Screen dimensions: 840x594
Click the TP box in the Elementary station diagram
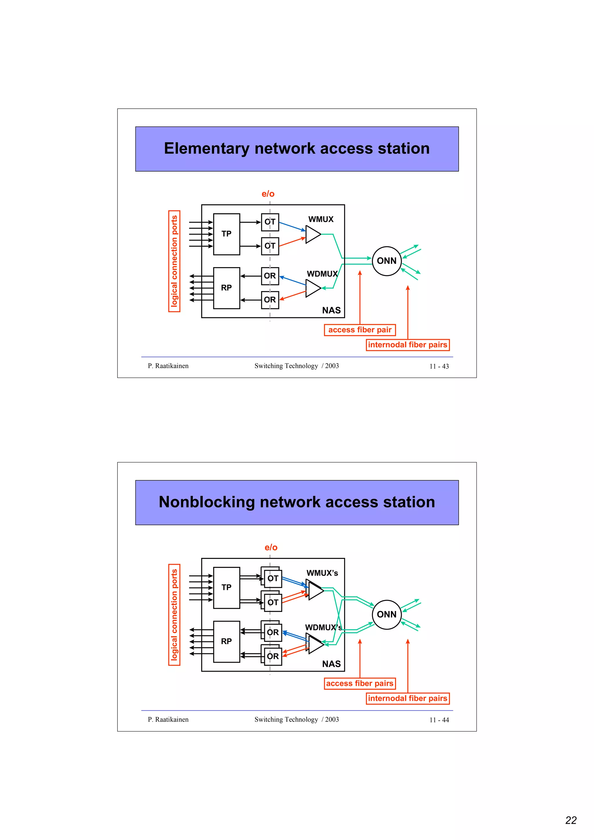tap(226, 234)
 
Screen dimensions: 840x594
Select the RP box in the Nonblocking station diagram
tap(226, 641)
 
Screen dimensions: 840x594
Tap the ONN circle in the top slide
tap(387, 261)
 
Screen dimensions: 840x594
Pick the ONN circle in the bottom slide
tap(387, 614)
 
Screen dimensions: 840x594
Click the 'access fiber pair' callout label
tap(359, 330)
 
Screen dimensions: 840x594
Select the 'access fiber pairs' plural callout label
tap(359, 683)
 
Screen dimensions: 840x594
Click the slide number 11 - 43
tap(439, 366)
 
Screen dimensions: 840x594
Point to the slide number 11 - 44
tap(439, 720)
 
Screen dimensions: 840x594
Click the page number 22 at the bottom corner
tap(571, 821)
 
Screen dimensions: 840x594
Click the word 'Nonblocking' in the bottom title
tap(207, 502)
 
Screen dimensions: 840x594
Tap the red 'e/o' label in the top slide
tap(268, 194)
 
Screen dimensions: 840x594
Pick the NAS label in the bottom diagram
tap(331, 664)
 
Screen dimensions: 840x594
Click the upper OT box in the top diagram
tap(270, 222)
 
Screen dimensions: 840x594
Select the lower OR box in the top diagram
tap(270, 300)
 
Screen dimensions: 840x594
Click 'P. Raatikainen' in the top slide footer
tap(168, 366)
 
